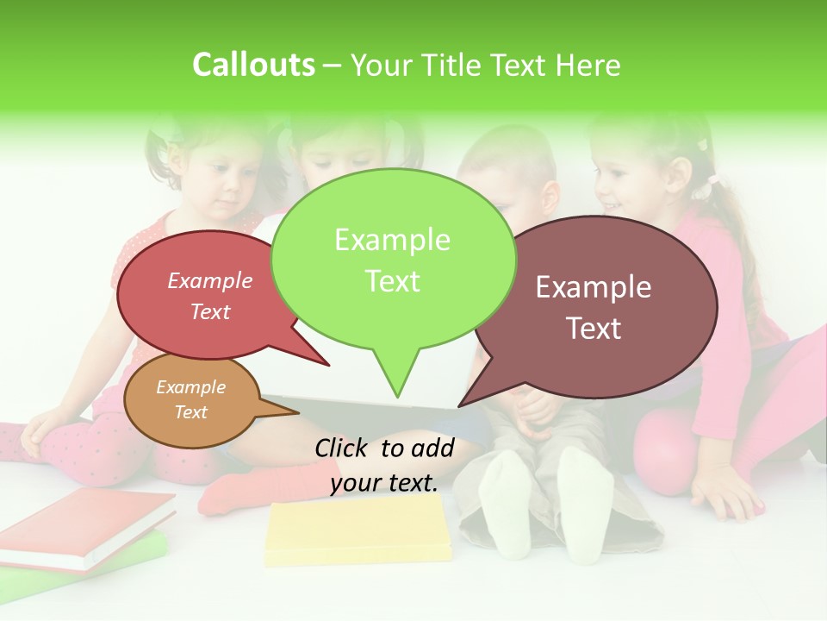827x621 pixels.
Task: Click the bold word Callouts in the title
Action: click(x=253, y=65)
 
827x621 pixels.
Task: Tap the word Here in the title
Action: click(x=586, y=66)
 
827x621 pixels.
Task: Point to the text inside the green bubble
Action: click(x=393, y=260)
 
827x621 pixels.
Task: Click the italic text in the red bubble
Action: click(x=210, y=296)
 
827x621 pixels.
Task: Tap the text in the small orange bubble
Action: click(x=190, y=399)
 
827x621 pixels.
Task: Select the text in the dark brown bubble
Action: click(x=594, y=307)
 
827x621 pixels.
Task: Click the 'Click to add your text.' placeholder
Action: click(x=384, y=465)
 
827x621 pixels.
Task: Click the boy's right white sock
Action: click(x=587, y=500)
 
